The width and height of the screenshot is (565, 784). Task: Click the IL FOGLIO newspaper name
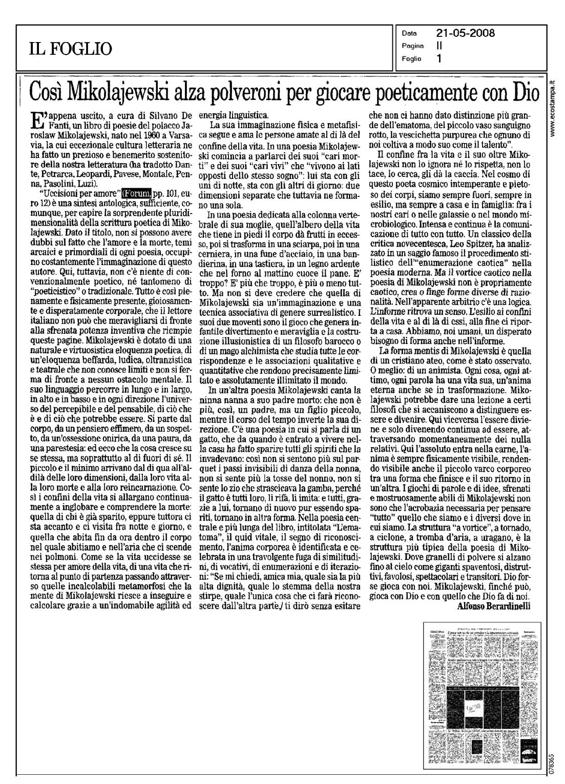[x=71, y=49]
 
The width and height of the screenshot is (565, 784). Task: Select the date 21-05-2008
[x=465, y=34]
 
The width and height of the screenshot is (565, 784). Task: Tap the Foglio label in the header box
[x=411, y=58]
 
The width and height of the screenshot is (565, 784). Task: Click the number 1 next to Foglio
[x=439, y=58]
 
